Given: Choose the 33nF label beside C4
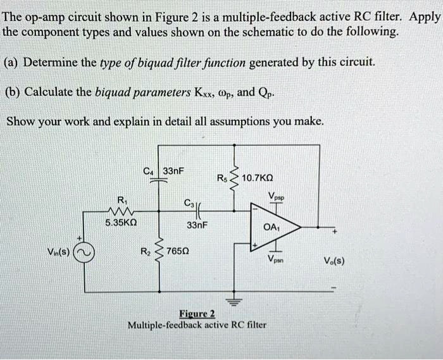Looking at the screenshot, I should point(173,170).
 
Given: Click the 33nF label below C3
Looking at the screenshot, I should point(196,225).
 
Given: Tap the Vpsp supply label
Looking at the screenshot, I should point(277,196).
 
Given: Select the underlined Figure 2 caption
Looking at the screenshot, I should point(197,314).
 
